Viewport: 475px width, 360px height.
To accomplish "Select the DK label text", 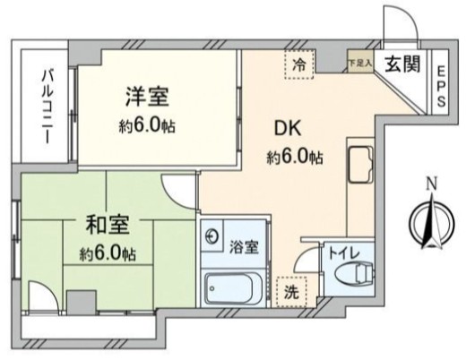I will click(287, 127).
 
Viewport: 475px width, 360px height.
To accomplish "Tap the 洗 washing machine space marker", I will click(292, 292).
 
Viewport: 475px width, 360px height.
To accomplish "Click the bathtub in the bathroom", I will click(232, 289).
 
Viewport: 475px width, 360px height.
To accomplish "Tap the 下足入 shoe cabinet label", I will click(358, 62).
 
